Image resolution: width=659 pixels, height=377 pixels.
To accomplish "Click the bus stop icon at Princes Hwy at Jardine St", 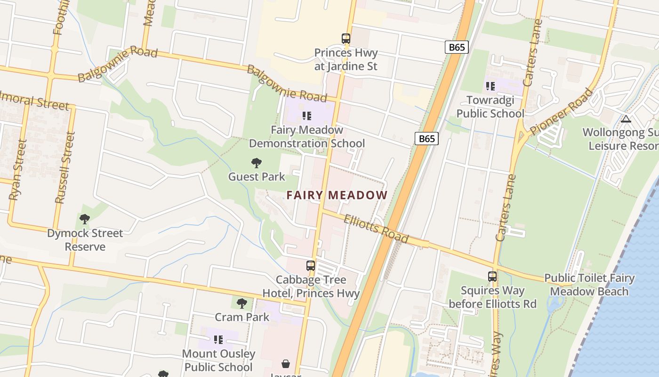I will pos(346,39).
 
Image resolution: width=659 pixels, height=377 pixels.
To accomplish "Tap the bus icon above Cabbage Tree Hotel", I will pos(311,265).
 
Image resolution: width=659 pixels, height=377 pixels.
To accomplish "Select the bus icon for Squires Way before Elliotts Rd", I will pos(492,277).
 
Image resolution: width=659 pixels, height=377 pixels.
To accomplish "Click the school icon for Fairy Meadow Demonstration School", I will pos(307,115).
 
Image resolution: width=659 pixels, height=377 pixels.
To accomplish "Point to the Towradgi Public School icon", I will pos(490,86).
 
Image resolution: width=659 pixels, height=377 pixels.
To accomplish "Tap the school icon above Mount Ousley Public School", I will pos(218,339).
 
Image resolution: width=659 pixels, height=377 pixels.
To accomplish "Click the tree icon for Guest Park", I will pos(257,163).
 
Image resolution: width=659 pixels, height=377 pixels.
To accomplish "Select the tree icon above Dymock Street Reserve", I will pos(85,219).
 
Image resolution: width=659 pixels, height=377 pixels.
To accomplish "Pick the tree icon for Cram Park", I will pos(242,303).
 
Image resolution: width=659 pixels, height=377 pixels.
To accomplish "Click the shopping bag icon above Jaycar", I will pos(286,364).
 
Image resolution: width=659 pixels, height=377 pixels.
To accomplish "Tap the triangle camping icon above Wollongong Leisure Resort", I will pos(626,119).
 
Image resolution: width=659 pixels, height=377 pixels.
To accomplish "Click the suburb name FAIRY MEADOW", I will pos(337,195).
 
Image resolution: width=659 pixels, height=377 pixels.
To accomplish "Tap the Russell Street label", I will pos(65,167).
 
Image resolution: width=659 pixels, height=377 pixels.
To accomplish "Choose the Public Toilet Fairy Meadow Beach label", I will pos(589,285).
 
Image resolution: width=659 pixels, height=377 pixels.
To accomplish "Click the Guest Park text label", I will pos(257,177).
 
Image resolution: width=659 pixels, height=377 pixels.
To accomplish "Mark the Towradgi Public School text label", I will pos(490,107).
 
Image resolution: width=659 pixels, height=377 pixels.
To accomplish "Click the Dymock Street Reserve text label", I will pos(85,240).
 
